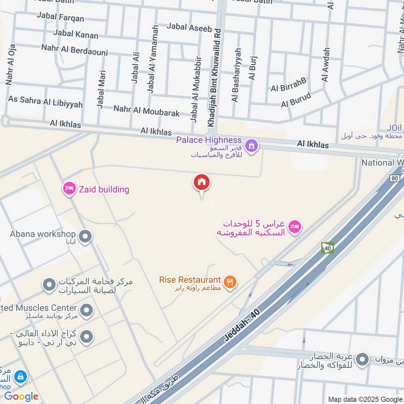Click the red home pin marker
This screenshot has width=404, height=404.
(x=201, y=183)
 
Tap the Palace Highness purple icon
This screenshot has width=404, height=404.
(x=251, y=146)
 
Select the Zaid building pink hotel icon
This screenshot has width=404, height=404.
(x=69, y=189)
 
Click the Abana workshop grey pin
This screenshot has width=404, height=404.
(x=86, y=236)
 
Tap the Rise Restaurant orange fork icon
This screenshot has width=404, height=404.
(x=230, y=282)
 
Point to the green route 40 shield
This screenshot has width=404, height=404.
(x=327, y=247)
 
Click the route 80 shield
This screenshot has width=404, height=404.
(x=394, y=178)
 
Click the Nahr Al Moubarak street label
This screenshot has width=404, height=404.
(x=146, y=110)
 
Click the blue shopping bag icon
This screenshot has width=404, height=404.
(x=20, y=376)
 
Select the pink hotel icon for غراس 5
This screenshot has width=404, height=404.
(x=296, y=227)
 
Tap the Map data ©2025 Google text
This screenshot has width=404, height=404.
(x=365, y=399)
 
